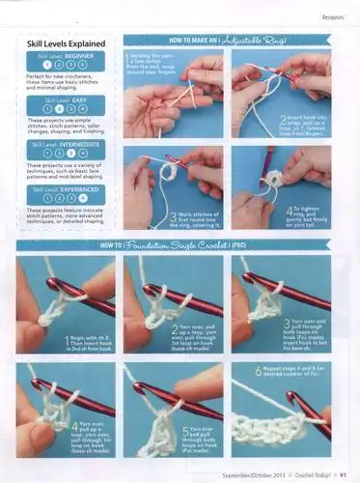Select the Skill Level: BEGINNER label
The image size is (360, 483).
tap(64, 57)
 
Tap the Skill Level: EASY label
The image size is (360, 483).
tap(64, 99)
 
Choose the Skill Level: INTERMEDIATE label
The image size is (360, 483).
tap(64, 144)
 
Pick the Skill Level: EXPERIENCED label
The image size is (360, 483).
tap(64, 190)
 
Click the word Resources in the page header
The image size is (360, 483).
tap(334, 16)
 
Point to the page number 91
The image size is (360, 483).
tap(343, 473)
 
